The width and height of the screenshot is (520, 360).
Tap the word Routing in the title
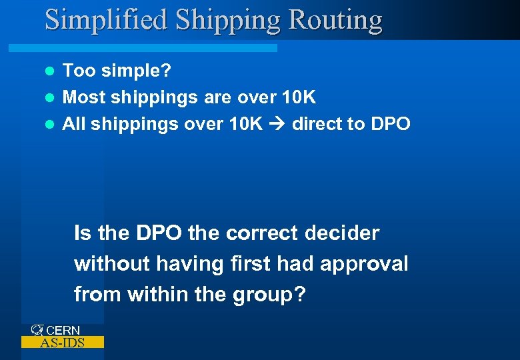point(336,20)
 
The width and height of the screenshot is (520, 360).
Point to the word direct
point(316,123)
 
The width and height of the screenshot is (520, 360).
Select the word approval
point(364,263)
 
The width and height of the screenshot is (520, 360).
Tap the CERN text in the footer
point(63,330)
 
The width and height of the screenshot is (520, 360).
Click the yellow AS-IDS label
point(62,343)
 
